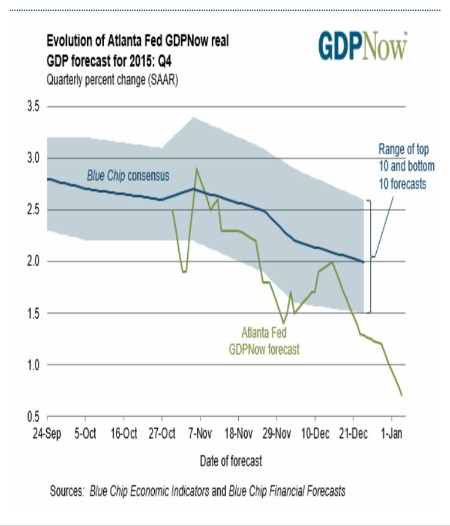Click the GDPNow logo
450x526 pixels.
pyautogui.click(x=363, y=46)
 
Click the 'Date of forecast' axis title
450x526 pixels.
pyautogui.click(x=230, y=461)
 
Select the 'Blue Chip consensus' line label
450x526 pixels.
pyautogui.click(x=128, y=176)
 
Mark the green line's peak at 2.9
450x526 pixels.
pyautogui.click(x=196, y=169)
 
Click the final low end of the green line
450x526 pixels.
pyautogui.click(x=401, y=395)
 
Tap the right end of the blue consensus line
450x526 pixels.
pyautogui.click(x=364, y=262)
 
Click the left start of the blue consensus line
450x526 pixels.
pyautogui.click(x=47, y=179)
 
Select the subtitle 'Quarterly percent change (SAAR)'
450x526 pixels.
pyautogui.click(x=112, y=79)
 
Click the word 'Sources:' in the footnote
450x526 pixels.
pyautogui.click(x=67, y=491)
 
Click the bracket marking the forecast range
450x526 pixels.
pyautogui.click(x=370, y=257)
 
